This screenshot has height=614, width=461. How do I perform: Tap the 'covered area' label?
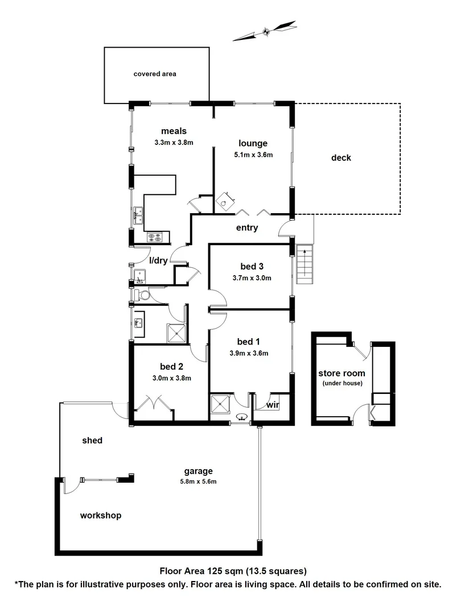[x=155, y=74]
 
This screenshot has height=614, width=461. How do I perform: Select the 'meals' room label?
[x=174, y=131]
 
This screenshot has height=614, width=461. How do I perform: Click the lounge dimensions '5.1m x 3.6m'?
[x=253, y=155]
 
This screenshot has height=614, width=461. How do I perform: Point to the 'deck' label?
[x=341, y=157]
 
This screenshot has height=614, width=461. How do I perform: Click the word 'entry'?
[x=248, y=228]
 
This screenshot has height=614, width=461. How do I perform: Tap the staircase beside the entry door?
[x=305, y=264]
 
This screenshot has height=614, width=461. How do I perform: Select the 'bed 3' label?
[x=252, y=266]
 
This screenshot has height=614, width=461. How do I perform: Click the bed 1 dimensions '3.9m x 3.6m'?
[x=249, y=352]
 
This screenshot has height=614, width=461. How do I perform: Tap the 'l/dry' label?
[x=158, y=260]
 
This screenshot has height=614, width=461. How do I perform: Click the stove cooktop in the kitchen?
[x=155, y=238]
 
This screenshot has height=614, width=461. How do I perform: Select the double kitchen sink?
[x=139, y=214]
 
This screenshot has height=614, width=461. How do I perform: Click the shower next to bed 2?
[x=176, y=334]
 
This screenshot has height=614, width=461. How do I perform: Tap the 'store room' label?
[x=341, y=373]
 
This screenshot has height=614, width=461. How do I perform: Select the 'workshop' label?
[x=101, y=515]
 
